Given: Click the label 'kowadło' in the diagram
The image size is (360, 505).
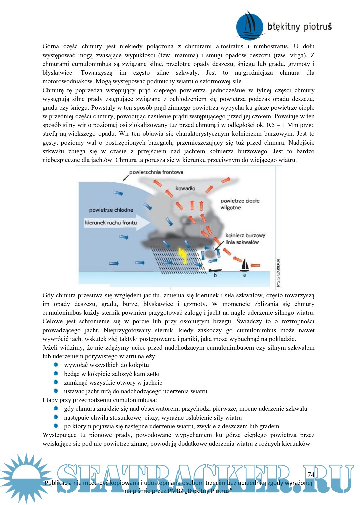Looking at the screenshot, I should click(x=185, y=188).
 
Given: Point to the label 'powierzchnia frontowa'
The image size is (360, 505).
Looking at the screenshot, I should click(x=156, y=172).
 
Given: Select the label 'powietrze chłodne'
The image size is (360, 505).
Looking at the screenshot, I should click(x=111, y=210).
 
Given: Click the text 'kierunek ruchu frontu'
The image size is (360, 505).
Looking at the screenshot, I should click(x=111, y=223).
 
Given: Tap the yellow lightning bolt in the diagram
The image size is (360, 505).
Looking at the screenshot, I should click(x=183, y=255).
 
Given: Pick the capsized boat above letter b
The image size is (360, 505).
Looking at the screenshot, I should click(x=215, y=270).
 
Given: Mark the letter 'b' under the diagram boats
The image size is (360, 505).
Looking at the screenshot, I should click(x=215, y=275).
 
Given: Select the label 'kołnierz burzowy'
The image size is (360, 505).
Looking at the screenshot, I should click(x=245, y=235).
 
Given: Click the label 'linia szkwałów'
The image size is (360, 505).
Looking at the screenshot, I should click(x=242, y=242).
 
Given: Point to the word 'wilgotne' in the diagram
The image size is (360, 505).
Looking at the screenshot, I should click(x=230, y=208).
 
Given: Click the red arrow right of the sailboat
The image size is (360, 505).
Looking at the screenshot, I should click(x=255, y=265).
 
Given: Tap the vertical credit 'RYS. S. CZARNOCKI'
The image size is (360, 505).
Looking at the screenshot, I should click(x=278, y=273).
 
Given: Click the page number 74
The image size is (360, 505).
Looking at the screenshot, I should click(x=311, y=474).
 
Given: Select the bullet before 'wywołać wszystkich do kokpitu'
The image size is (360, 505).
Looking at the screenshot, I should click(x=56, y=365).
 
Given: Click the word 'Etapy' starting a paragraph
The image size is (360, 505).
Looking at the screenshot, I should click(x=50, y=400).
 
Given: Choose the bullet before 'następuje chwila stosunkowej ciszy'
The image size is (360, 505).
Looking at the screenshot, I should click(x=56, y=417).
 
